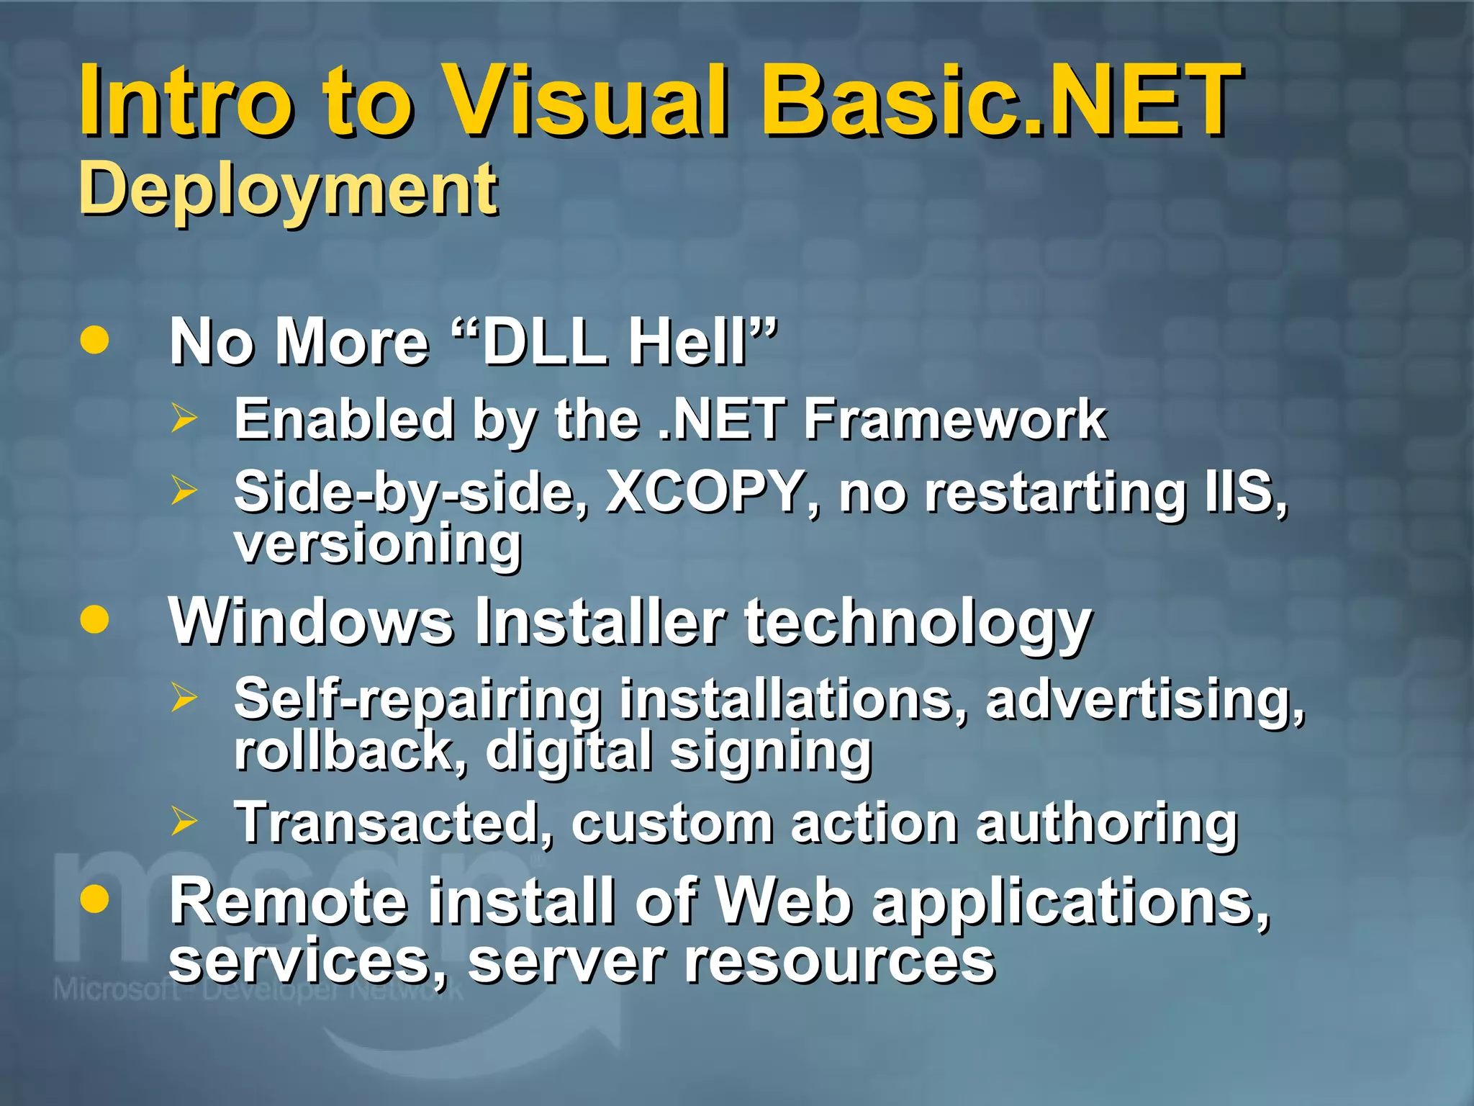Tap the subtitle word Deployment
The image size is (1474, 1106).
(x=288, y=189)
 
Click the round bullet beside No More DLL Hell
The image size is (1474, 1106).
(x=95, y=340)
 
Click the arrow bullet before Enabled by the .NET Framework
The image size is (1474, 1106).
(x=184, y=418)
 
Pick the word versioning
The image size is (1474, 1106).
(x=378, y=544)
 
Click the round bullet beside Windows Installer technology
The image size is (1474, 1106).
(x=95, y=619)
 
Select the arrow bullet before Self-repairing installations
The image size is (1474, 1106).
(x=184, y=697)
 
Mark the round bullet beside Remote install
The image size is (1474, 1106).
(x=95, y=899)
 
